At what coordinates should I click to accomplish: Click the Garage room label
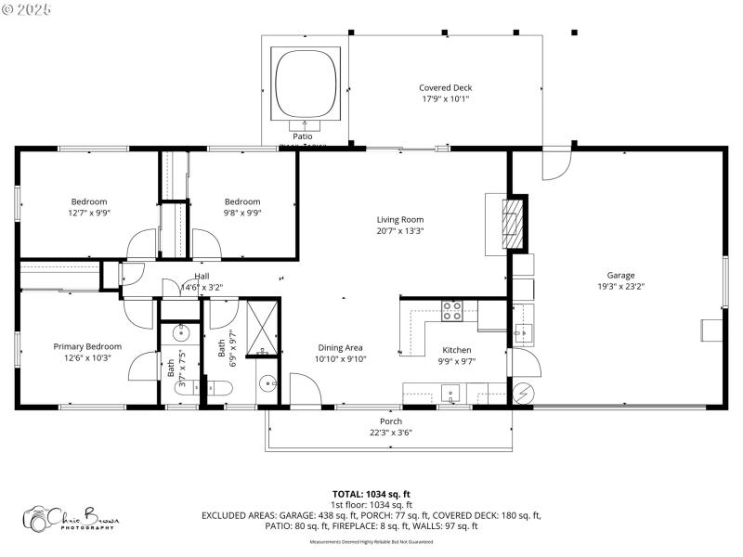pyautogui.click(x=620, y=275)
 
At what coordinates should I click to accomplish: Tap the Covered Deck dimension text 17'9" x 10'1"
pyautogui.click(x=446, y=98)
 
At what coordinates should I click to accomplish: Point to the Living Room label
pyautogui.click(x=399, y=220)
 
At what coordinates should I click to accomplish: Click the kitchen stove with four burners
pyautogui.click(x=451, y=311)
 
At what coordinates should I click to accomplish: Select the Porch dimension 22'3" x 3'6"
pyautogui.click(x=390, y=432)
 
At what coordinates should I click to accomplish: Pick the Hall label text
pyautogui.click(x=202, y=277)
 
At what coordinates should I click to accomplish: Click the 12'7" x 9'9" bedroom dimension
pyautogui.click(x=89, y=213)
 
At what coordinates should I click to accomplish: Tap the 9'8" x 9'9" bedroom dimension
pyautogui.click(x=242, y=213)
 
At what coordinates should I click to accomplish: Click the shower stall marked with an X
pyautogui.click(x=263, y=328)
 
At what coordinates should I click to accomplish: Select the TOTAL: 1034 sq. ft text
pyautogui.click(x=371, y=494)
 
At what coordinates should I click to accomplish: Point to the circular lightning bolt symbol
pyautogui.click(x=523, y=393)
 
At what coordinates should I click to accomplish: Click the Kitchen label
pyautogui.click(x=456, y=350)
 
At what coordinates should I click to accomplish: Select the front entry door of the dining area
pyautogui.click(x=305, y=389)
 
